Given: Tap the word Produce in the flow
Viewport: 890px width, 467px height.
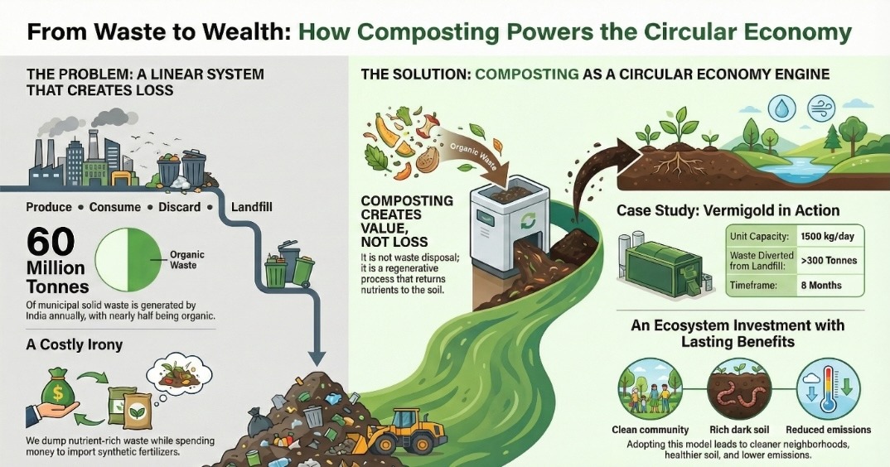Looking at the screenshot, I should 49,207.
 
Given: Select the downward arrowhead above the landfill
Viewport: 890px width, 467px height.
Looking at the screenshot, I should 316,358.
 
